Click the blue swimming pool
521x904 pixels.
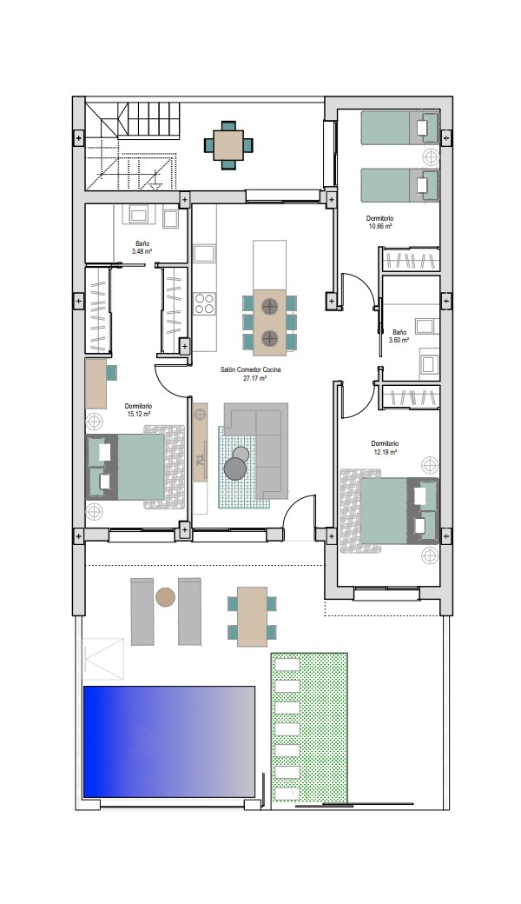tap(169, 741)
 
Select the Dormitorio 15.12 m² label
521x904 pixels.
tap(138, 410)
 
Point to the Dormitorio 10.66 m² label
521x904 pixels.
tap(380, 223)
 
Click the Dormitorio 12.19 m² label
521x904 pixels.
tap(385, 448)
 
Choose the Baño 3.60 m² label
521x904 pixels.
tap(399, 336)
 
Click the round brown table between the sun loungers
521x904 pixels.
tap(165, 596)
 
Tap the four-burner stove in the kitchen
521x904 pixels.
tap(204, 303)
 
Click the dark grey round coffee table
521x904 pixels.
tap(235, 469)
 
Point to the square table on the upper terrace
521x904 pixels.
tap(228, 145)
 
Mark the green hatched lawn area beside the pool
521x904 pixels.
tap(309, 728)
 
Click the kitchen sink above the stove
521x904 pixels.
tap(204, 254)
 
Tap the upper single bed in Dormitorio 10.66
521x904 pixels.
tap(399, 128)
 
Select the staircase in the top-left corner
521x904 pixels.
tap(132, 146)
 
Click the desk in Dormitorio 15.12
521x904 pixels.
tap(96, 383)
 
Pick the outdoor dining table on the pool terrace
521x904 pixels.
tap(252, 616)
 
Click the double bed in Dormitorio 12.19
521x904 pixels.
tap(389, 511)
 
